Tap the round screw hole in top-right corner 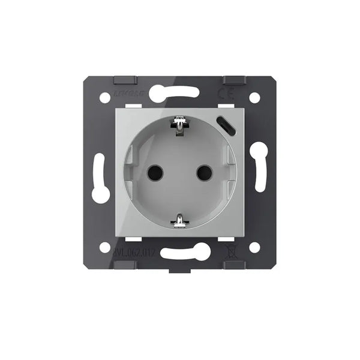point(254,96)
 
